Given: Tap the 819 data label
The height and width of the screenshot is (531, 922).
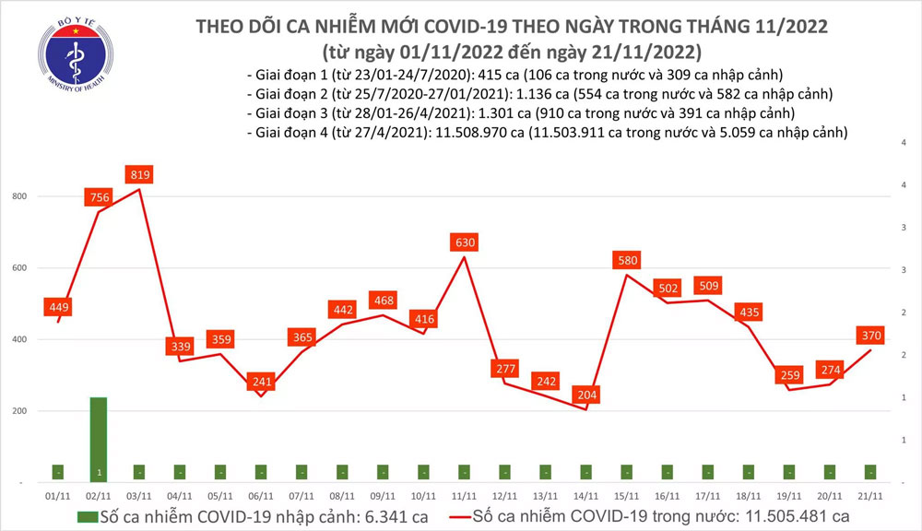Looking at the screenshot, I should tap(139, 174).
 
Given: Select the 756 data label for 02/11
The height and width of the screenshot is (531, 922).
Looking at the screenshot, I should tap(99, 196).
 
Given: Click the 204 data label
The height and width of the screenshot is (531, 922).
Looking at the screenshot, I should tap(586, 395).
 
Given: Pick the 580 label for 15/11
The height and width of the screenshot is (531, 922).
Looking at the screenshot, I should tap(628, 260).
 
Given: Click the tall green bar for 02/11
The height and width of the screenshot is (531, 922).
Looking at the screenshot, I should tap(99, 439).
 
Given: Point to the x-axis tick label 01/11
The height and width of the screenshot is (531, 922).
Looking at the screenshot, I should tap(58, 496).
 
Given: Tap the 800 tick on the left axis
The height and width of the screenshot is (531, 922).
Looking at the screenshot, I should tap(19, 196).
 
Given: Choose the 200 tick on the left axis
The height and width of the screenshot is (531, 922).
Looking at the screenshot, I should tap(19, 410).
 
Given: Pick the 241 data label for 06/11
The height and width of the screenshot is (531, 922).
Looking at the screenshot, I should tap(263, 382).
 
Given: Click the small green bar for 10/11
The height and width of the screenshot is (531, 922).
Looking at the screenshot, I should tap(424, 472).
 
